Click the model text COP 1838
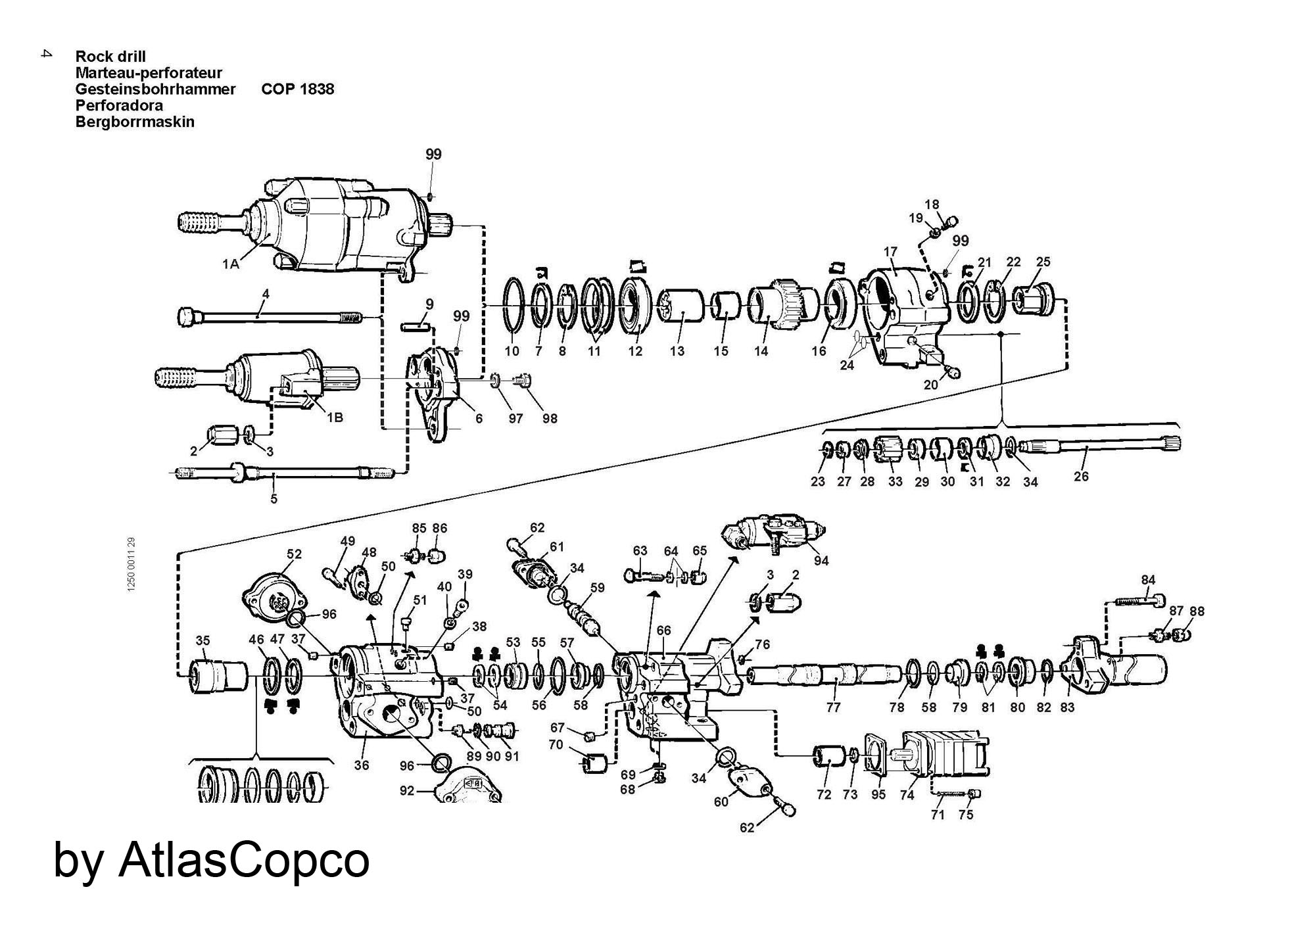click(297, 89)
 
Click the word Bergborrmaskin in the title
click(135, 122)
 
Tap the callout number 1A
click(230, 264)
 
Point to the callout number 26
click(1081, 476)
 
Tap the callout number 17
click(890, 251)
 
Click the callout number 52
click(294, 554)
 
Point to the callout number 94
click(821, 560)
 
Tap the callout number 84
click(1148, 579)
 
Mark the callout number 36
click(361, 765)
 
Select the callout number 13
click(677, 351)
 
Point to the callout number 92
click(407, 790)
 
